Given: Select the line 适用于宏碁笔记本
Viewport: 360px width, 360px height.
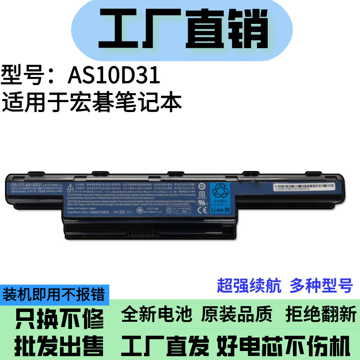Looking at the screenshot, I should [92, 102].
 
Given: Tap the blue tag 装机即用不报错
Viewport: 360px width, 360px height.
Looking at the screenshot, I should [54, 295].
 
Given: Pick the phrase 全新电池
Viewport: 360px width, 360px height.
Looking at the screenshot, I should [157, 314].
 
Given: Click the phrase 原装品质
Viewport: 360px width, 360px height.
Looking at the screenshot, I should [238, 314].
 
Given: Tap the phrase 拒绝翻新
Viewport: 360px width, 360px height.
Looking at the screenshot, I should [321, 314].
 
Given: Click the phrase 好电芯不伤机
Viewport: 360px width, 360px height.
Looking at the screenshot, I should [283, 346].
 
